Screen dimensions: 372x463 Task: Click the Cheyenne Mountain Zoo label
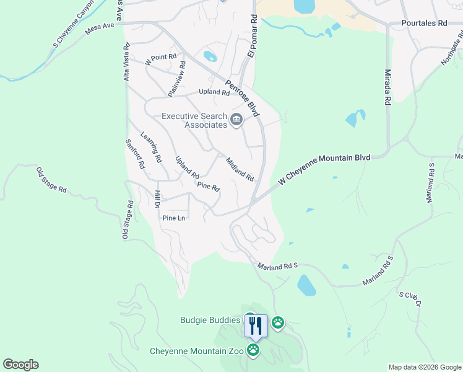197,351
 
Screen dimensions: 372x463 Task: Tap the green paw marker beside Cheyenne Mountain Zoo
253,351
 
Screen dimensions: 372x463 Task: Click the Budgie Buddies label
210,320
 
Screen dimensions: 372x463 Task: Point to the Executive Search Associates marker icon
236,120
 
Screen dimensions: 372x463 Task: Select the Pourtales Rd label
423,22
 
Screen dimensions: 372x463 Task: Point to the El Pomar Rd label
252,37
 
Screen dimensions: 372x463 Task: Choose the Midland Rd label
240,169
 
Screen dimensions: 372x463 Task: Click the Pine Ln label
173,218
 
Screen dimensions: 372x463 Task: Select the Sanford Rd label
134,154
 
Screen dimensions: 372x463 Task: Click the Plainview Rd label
176,79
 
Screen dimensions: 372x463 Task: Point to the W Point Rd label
157,60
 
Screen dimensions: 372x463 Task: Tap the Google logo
20,365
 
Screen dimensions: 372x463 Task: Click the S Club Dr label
410,299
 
